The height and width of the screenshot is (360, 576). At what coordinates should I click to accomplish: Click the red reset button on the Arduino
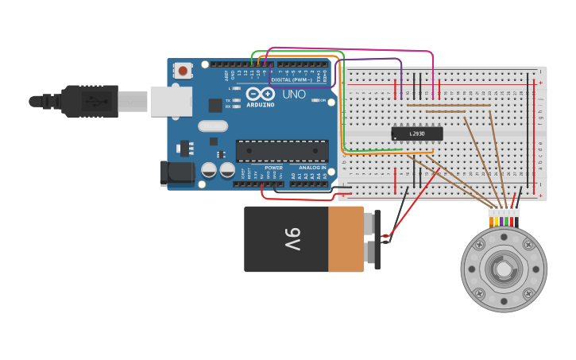183,71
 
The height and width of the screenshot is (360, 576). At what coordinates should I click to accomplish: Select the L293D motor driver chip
416,134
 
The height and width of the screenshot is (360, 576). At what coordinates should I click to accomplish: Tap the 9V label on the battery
292,238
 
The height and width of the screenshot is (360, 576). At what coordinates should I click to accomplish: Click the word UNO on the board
294,94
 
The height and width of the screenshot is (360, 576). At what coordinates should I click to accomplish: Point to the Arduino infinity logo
260,94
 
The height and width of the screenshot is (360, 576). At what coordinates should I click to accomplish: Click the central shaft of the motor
504,269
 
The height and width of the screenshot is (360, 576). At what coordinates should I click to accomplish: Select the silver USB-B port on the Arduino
171,101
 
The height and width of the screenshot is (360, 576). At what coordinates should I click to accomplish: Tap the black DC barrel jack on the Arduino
176,173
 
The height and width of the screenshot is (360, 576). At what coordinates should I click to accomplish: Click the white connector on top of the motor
504,211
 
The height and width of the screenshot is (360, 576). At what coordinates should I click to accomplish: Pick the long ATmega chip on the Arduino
282,151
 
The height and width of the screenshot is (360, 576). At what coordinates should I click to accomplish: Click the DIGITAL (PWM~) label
291,79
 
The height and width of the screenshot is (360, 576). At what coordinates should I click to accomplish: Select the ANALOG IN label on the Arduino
312,168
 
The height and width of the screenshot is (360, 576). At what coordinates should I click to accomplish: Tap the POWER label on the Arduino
273,168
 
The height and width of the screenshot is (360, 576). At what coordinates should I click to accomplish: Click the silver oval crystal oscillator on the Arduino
213,126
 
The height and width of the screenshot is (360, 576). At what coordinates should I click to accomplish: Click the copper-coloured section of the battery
346,238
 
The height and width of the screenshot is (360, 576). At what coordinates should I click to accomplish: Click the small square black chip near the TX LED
215,105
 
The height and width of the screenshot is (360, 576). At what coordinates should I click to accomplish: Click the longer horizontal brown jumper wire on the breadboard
448,105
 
